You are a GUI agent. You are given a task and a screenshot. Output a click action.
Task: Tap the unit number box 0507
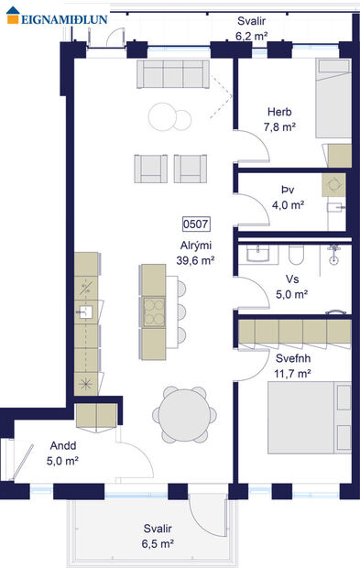pos(196,223)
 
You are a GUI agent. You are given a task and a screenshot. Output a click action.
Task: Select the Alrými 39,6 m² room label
pos(196,253)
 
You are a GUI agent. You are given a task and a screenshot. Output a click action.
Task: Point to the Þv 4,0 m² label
pos(288,198)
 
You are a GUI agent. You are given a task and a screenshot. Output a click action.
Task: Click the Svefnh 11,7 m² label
pos(292,366)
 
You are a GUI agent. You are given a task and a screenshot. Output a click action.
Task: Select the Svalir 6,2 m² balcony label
pos(252,28)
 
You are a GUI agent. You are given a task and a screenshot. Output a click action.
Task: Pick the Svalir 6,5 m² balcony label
pos(158,536)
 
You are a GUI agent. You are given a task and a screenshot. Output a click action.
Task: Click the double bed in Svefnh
pos(308,417)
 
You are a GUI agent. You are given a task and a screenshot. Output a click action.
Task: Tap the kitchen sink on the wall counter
pos(84,311)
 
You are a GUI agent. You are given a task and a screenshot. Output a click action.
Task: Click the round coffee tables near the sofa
pos(169,116)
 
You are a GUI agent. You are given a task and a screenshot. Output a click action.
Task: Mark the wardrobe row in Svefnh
pos(293,329)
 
